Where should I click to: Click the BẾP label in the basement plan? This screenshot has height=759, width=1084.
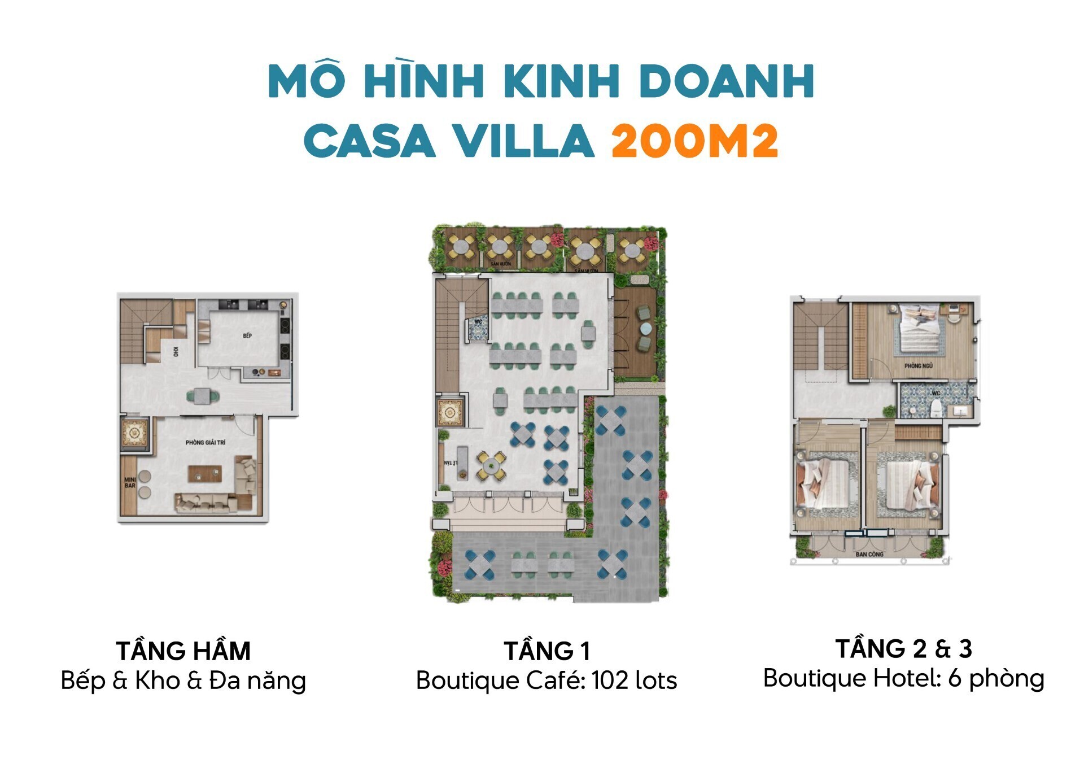click(x=247, y=336)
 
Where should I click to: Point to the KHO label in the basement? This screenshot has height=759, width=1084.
click(x=176, y=351)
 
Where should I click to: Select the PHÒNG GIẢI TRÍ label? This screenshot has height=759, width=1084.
click(x=206, y=442)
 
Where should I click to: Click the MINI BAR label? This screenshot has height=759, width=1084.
click(x=130, y=482)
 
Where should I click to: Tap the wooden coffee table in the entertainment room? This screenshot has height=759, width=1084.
click(x=204, y=474)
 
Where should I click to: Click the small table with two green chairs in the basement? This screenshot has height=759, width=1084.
click(x=203, y=396)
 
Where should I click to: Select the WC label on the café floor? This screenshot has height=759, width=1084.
click(x=478, y=322)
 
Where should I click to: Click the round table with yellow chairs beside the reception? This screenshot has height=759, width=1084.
click(x=491, y=466)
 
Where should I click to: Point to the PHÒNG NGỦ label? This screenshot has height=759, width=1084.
click(x=919, y=366)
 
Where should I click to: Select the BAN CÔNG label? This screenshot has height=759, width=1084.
click(x=869, y=555)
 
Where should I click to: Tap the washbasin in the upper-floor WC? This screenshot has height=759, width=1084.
click(x=960, y=410)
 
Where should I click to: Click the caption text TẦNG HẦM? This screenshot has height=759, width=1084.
click(x=183, y=651)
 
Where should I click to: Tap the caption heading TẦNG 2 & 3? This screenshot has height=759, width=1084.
click(x=903, y=649)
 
